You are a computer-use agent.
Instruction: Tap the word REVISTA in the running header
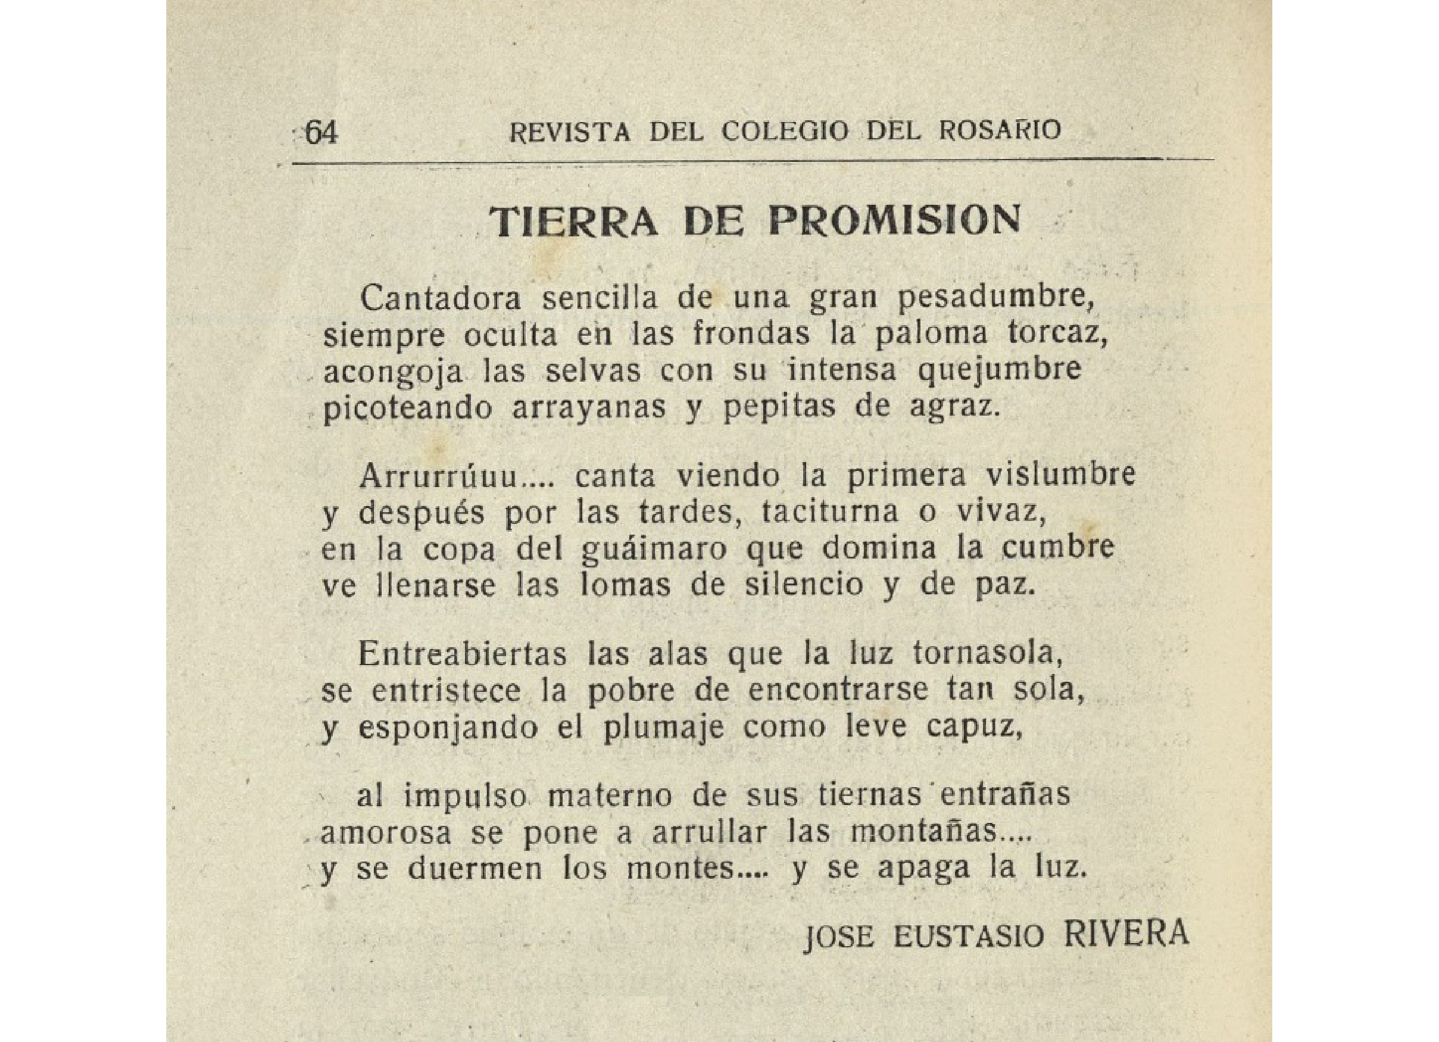570,132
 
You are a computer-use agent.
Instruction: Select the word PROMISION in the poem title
895,221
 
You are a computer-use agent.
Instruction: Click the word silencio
803,585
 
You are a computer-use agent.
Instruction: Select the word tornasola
988,655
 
